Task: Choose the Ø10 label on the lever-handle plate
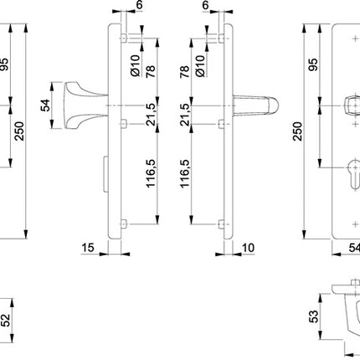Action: tap(200, 61)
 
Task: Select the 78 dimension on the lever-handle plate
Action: tap(185, 73)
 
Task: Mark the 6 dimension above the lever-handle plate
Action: tap(204, 6)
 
